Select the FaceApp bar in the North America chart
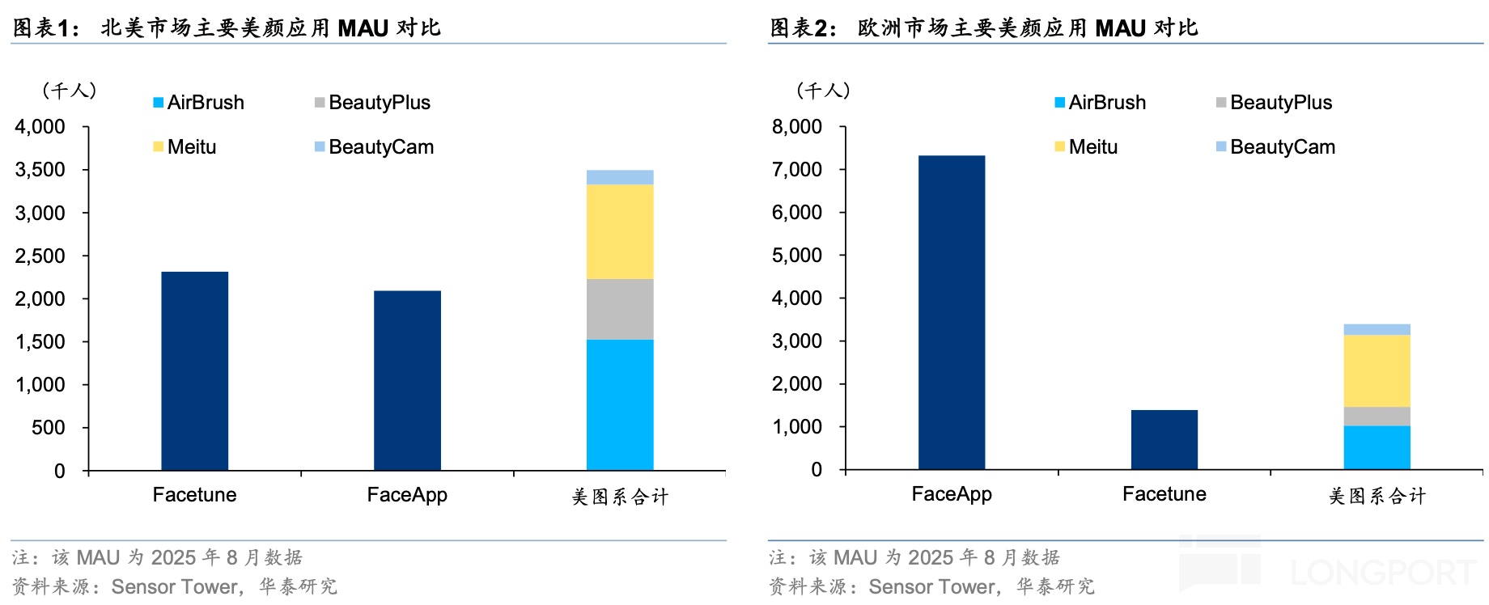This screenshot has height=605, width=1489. [407, 380]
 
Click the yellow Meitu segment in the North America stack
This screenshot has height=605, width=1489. [620, 231]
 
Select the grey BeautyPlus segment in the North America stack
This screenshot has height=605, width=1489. [620, 309]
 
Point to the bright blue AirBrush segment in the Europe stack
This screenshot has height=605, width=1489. [1377, 447]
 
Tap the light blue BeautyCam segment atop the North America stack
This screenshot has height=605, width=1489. [620, 177]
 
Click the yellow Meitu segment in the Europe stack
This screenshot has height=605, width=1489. [1377, 370]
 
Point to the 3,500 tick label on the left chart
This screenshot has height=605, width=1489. [40, 170]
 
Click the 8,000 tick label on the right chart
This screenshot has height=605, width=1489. [797, 127]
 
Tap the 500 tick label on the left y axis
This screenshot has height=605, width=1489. [49, 428]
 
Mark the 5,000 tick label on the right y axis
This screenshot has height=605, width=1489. [797, 256]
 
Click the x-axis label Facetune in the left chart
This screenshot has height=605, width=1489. [194, 495]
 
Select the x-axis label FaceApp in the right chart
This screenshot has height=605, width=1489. [952, 494]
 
